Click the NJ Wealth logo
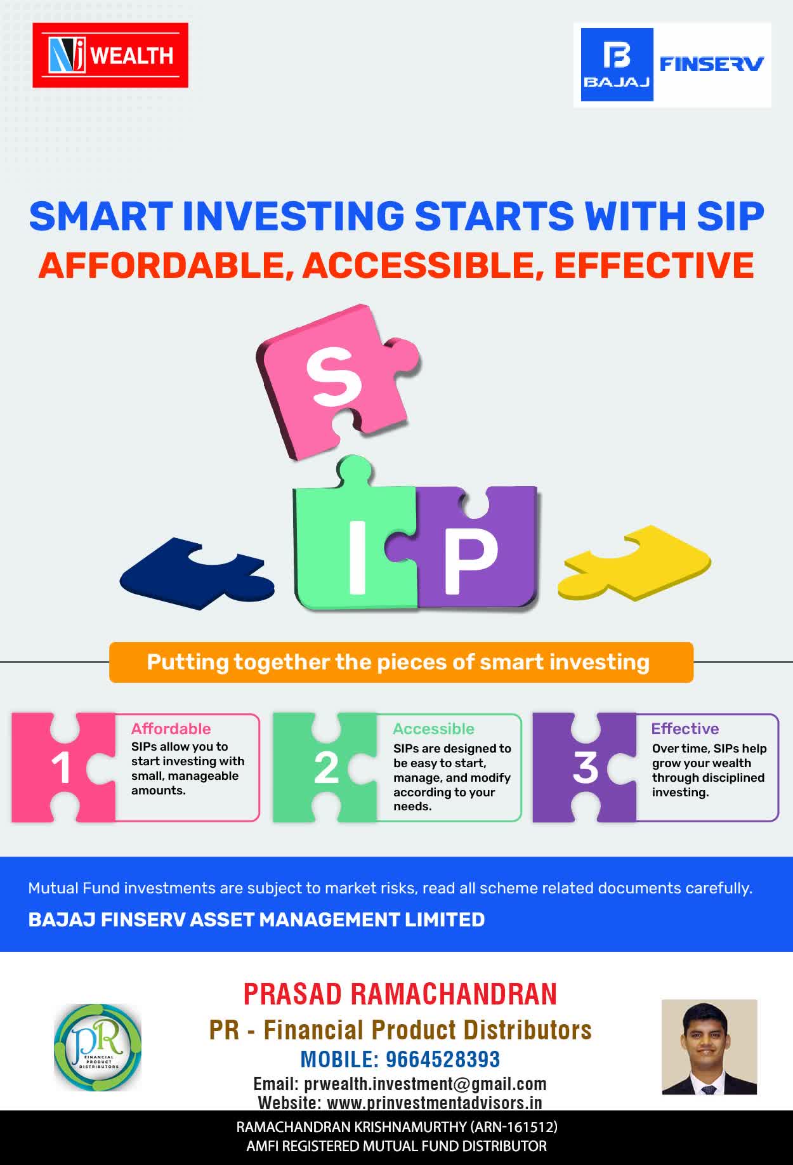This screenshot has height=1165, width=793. [x=110, y=55]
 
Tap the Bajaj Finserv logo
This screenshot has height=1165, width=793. [x=672, y=65]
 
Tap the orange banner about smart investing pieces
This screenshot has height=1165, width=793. [x=401, y=662]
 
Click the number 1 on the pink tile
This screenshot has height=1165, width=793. [x=62, y=768]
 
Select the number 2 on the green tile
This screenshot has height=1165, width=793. [x=326, y=768]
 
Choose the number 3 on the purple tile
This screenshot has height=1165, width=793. [x=585, y=767]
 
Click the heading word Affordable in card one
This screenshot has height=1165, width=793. [x=171, y=728]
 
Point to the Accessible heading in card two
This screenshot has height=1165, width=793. [x=433, y=728]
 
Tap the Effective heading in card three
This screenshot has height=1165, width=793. [x=685, y=728]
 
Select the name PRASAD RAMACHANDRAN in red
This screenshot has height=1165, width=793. [x=400, y=994]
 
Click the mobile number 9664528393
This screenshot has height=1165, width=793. [x=443, y=1059]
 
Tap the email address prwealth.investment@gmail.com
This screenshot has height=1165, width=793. [x=425, y=1083]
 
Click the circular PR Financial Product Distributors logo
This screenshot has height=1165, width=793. [x=98, y=1048]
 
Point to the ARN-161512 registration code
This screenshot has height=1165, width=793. [x=513, y=1127]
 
